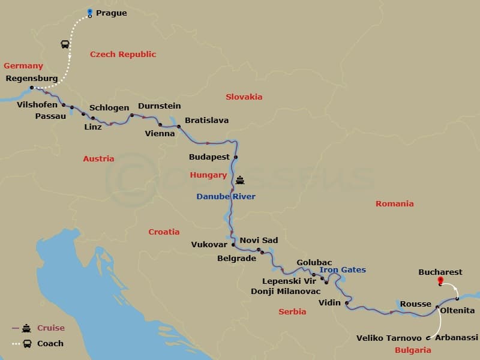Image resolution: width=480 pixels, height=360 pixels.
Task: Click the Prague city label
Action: click(112, 13)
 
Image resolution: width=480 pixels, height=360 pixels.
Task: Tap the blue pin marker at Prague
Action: click(89, 13)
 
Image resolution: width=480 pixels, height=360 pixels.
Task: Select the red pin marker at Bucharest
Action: click(440, 280)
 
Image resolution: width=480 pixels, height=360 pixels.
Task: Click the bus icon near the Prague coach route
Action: click(64, 44)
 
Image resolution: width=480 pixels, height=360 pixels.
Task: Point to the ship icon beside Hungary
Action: click(240, 179)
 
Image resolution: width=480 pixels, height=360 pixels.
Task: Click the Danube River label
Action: click(226, 197)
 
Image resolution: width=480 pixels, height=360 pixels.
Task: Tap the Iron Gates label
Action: click(343, 270)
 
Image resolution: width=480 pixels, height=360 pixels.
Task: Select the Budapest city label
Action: click(209, 157)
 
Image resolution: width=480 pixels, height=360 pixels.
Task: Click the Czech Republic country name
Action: click(123, 55)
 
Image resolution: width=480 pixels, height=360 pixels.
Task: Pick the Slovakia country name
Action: click(244, 97)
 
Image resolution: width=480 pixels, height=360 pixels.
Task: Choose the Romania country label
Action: click(394, 204)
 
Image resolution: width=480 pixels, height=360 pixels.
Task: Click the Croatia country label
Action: click(164, 232)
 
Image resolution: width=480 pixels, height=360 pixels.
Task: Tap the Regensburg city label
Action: click(31, 79)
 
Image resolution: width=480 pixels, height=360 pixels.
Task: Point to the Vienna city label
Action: click(160, 134)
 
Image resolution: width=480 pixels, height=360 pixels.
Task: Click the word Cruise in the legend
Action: click(51, 328)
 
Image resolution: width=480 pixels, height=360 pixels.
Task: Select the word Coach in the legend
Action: click(50, 344)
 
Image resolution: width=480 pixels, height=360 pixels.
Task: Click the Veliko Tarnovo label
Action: click(389, 338)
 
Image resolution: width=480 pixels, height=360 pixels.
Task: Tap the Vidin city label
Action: click(329, 303)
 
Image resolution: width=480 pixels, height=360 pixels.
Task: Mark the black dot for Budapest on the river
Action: click(236, 157)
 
